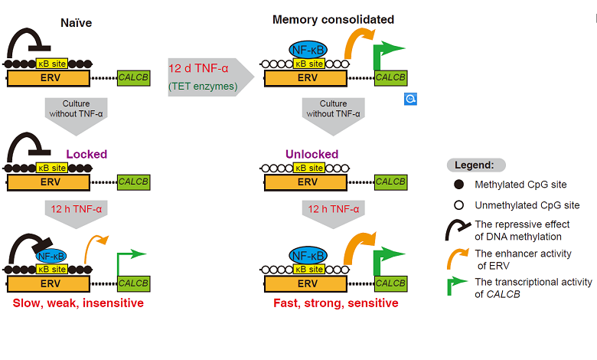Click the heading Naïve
(x=76, y=22)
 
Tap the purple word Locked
(x=86, y=154)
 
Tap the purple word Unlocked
(x=312, y=154)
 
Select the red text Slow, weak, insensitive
(x=78, y=303)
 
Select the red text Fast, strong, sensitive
(x=336, y=303)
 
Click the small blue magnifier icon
(x=410, y=99)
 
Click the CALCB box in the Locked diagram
(x=133, y=182)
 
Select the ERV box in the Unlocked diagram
(x=308, y=182)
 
